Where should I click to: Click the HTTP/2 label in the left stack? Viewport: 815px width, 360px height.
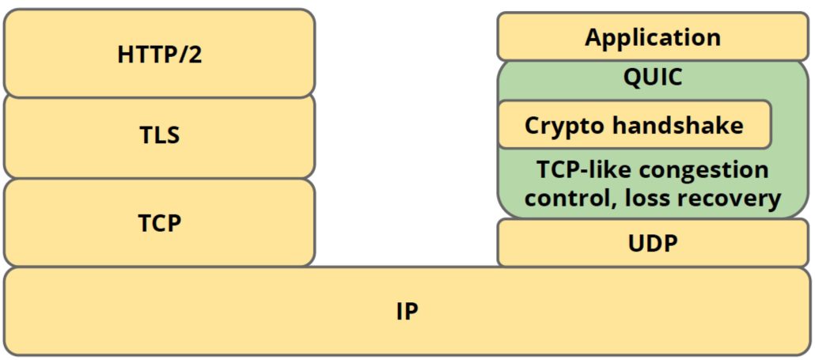159,55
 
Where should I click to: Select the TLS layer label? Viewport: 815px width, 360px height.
159,135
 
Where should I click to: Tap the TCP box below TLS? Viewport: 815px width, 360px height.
159,222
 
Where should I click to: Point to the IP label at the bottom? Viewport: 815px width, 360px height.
407,312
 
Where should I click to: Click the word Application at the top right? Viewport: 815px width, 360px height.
653,37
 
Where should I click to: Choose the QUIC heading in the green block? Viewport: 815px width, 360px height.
653,78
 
